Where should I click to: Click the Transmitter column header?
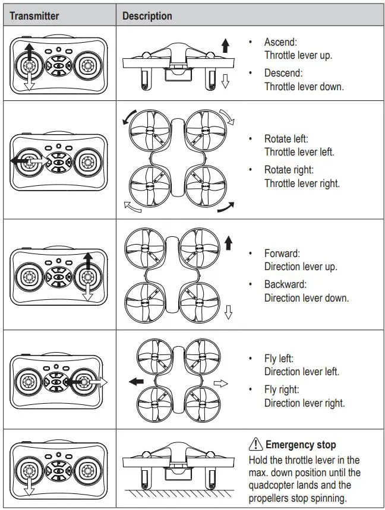34,16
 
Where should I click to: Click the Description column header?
147,16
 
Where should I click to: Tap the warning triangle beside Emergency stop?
255,444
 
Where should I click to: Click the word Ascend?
281,42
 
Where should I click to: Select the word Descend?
283,73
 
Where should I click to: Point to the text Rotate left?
286,139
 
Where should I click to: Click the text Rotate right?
289,170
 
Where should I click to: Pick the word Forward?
283,254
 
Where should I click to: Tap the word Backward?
286,284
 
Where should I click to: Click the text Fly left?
279,359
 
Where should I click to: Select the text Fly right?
282,389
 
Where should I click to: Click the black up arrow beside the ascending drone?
224,45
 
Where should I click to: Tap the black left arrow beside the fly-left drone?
137,380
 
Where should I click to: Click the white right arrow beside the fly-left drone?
221,384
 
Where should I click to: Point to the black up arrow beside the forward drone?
229,242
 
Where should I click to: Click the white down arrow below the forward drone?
229,312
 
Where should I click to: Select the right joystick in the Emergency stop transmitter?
89,469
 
